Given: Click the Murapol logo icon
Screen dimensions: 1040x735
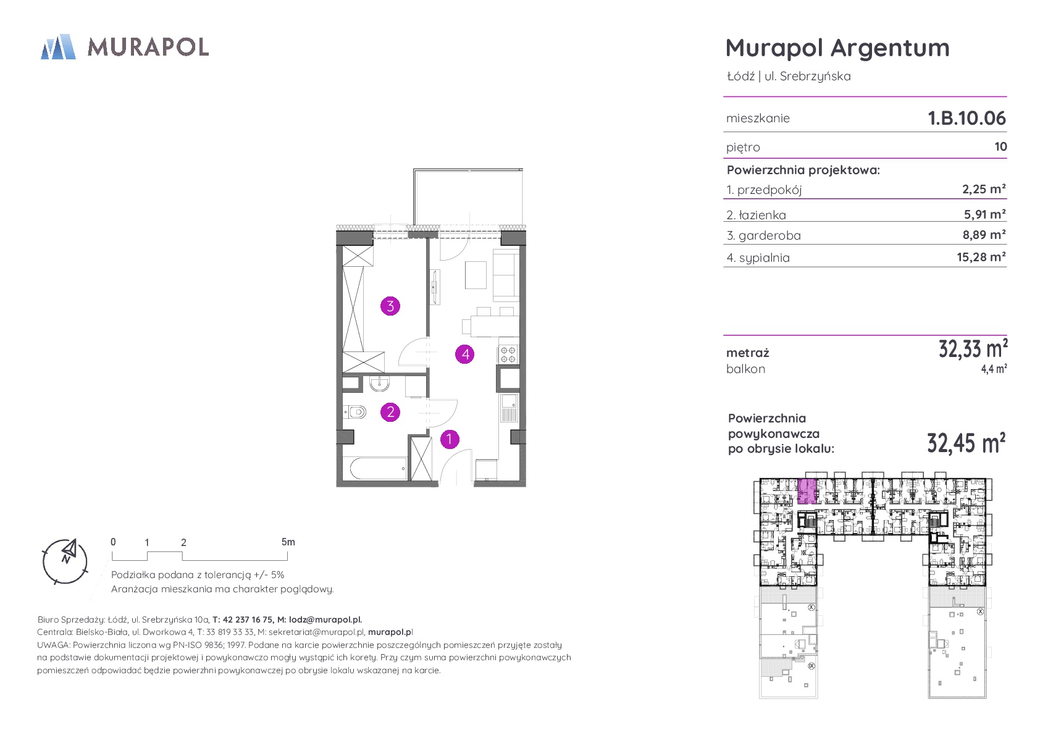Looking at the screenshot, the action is (x=58, y=46).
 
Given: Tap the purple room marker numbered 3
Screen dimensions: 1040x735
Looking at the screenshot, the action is (x=390, y=306).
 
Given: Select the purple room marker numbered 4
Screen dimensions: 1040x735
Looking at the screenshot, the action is (x=465, y=355).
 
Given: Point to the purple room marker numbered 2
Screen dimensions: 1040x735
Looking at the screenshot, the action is (x=390, y=412).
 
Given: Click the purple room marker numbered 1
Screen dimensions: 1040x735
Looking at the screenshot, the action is (x=450, y=439).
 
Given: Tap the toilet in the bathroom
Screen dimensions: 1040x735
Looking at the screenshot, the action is (x=354, y=412).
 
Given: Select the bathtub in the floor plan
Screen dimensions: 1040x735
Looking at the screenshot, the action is (x=378, y=469).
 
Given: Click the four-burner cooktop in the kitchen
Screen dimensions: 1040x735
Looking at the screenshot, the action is (x=508, y=355).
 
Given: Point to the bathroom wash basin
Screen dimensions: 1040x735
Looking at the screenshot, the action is (x=380, y=384).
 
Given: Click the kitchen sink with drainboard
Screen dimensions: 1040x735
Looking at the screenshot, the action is (x=509, y=408).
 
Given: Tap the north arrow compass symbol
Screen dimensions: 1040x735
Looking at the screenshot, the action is (x=65, y=561).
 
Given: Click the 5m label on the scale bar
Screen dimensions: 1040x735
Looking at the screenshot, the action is (x=288, y=542).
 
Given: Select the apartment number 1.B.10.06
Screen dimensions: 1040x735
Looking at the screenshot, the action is (x=967, y=118).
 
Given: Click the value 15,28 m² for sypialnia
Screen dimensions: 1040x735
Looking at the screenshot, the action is (x=981, y=257).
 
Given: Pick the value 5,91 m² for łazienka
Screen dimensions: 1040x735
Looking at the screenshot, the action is (x=985, y=214).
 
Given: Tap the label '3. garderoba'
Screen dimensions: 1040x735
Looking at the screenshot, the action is (x=764, y=235).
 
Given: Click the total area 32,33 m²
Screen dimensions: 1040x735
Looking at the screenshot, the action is (x=973, y=349).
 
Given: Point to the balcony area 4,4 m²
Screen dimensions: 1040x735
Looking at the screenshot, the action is (x=994, y=369).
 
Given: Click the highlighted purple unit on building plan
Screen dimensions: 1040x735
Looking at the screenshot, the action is (x=807, y=491).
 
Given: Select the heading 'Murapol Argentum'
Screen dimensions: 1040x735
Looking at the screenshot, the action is (x=837, y=48).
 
